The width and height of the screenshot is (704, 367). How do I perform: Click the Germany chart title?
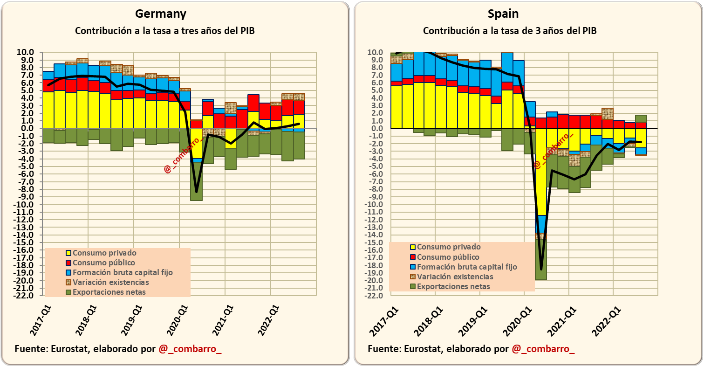pyautogui.click(x=161, y=14)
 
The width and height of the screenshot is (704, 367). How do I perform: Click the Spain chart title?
pyautogui.click(x=503, y=14)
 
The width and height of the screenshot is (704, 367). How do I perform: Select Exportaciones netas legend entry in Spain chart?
pyautogui.click(x=453, y=286)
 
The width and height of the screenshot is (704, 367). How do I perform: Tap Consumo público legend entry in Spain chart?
pyautogui.click(x=448, y=257)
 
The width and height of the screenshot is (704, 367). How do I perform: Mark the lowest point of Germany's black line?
pyautogui.click(x=197, y=192)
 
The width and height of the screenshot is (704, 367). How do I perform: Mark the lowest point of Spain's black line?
pyautogui.click(x=541, y=269)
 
